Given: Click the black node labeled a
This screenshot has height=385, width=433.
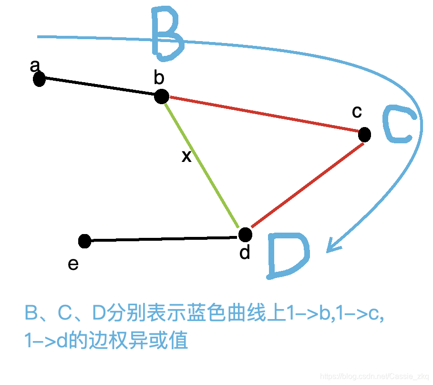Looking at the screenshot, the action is point(39,79).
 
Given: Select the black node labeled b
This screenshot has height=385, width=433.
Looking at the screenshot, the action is point(162,96).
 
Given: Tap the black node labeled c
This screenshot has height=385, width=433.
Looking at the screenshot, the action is point(364,135).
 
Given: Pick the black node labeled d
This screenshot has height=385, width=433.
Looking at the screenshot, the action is point(245,234).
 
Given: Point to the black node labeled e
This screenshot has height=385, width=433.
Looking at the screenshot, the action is point(84,241).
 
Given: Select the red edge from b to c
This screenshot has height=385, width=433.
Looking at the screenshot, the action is point(262,115).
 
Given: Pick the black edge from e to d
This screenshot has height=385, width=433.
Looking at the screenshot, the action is point(165,238).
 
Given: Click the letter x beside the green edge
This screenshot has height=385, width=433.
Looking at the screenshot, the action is point(186,156).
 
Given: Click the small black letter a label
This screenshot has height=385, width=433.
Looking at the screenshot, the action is point(34,66).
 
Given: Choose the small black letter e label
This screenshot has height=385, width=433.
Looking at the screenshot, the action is point(73,264).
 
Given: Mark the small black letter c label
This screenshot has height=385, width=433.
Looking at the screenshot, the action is point(357,112).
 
